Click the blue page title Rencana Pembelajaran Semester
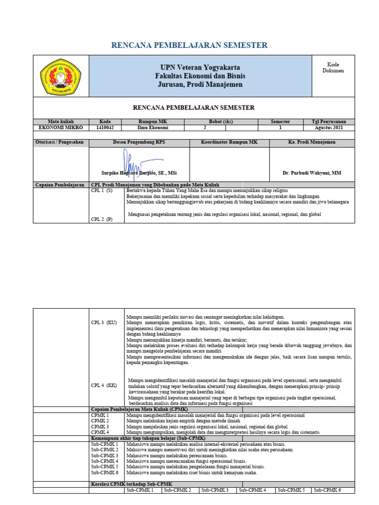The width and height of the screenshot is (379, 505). tap(189, 45)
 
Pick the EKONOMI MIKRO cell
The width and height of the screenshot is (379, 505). tap(61, 127)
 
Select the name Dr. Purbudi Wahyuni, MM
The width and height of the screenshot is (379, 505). tap(311, 173)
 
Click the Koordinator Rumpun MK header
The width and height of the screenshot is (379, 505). tap(229, 142)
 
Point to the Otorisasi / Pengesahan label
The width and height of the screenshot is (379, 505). tap(60, 142)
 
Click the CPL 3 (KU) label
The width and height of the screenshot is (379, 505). tap(104, 322)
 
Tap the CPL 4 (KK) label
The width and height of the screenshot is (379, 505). tap(104, 385)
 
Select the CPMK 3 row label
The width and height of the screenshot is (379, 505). tap(100, 427)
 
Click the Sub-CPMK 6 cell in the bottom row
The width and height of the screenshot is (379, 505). tap(327, 490)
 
